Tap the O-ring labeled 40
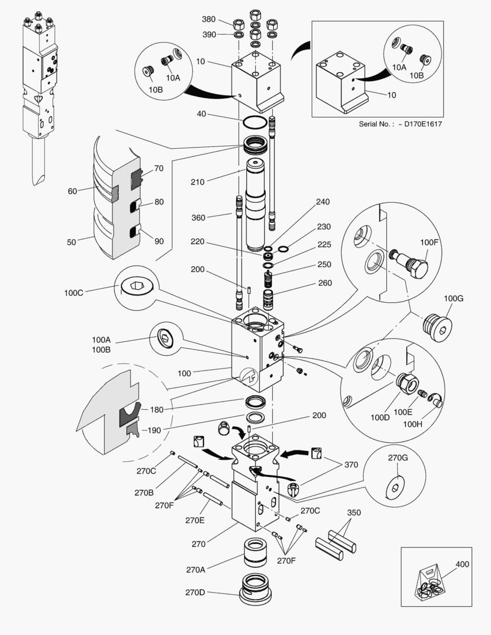point(254,123)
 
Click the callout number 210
point(197,182)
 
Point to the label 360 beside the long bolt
point(198,218)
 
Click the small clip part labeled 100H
point(436,400)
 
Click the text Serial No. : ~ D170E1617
point(400,124)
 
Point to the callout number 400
point(462,564)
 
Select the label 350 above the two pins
point(353,512)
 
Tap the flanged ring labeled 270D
point(256,589)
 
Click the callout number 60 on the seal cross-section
point(72,190)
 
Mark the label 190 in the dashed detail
point(154,430)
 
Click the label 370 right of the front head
point(351,464)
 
